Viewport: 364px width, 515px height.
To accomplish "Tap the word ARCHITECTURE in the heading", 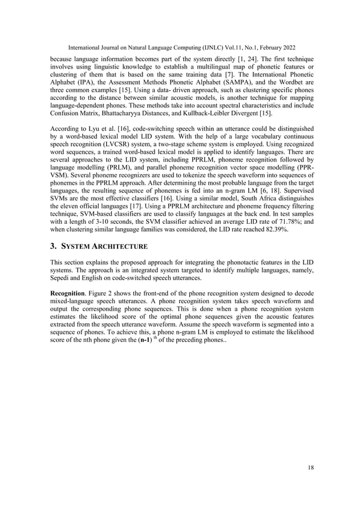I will coord(120,247).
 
